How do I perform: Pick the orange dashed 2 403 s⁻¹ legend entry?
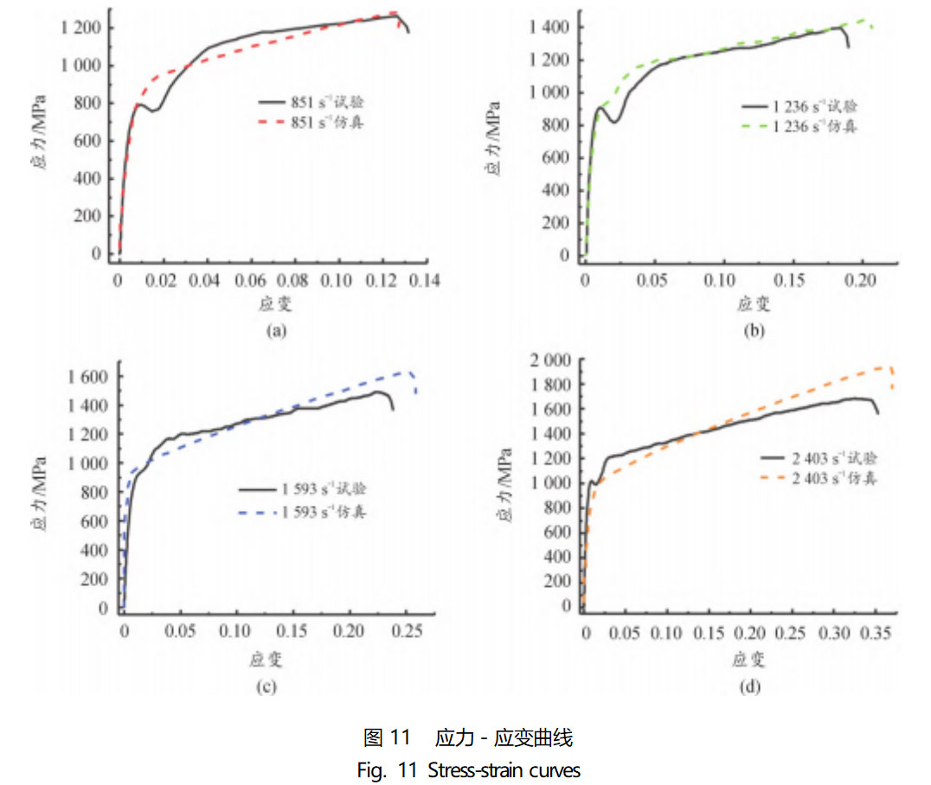tap(818, 477)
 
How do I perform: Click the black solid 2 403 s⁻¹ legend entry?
tap(818, 458)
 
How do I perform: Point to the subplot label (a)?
tap(276, 329)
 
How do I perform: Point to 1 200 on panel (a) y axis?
tap(81, 28)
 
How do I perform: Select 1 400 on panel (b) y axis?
tap(550, 28)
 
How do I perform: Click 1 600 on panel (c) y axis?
tap(89, 377)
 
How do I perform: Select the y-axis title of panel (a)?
tap(39, 138)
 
